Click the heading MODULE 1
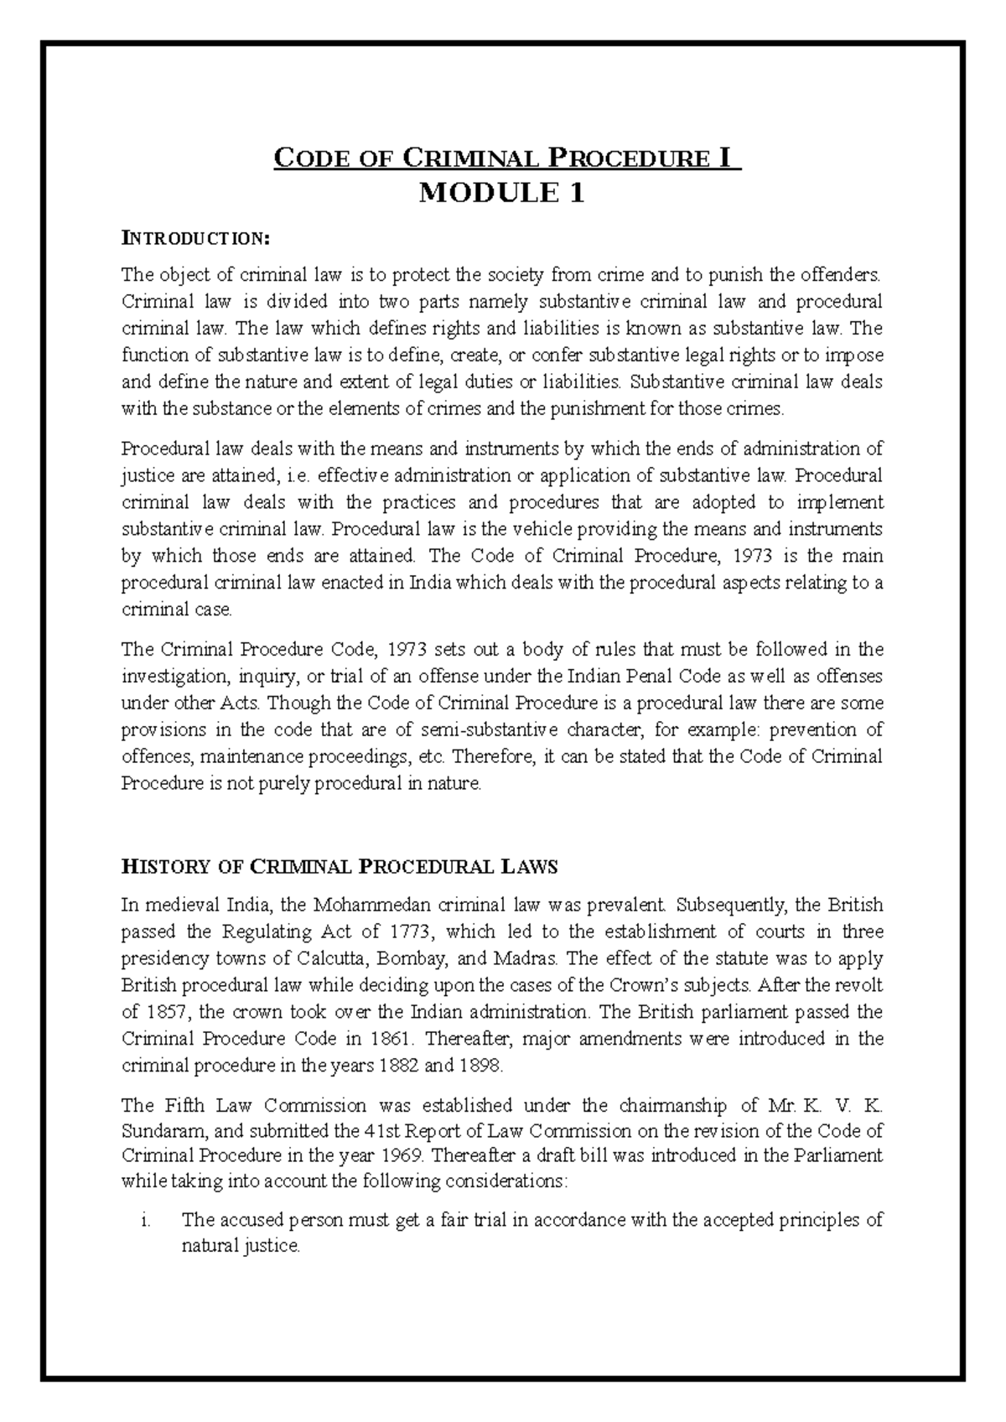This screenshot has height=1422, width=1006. coord(501,194)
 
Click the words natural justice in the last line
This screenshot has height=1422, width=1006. coord(241,1247)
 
